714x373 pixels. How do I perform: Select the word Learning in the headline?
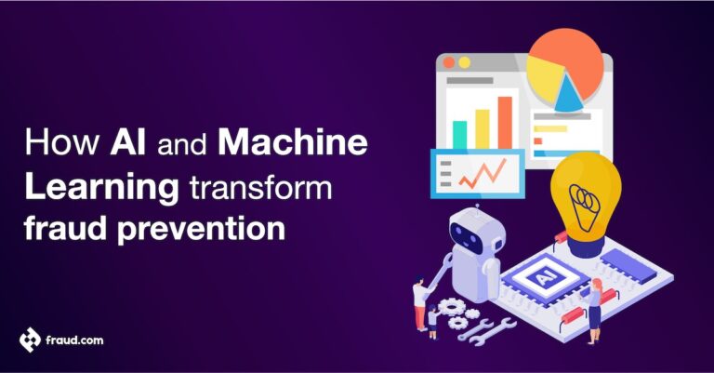click(100, 187)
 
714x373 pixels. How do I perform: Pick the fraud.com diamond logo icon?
click(30, 340)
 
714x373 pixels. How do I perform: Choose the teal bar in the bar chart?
click(459, 135)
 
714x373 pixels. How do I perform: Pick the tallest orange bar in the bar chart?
click(505, 122)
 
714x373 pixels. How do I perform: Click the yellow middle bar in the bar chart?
click(482, 128)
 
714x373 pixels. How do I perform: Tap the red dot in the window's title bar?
click(449, 62)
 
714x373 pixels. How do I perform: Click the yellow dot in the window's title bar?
click(464, 62)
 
